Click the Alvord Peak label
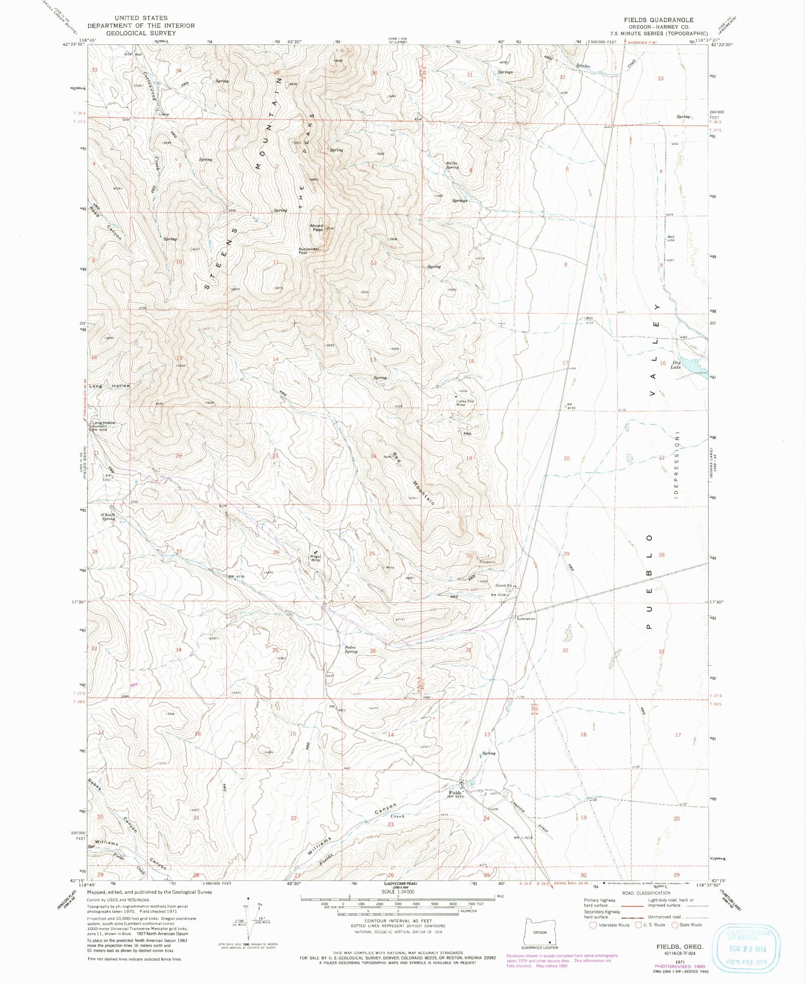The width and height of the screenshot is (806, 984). tap(316, 228)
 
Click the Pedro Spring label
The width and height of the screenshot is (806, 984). tap(351, 649)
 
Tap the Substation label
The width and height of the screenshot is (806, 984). tap(526, 619)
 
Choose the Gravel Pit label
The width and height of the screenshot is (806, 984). tap(503, 585)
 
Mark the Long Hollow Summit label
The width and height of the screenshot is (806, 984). tap(104, 425)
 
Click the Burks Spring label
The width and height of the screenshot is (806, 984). tap(452, 165)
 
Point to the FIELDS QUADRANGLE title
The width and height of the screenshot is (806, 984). tap(658, 20)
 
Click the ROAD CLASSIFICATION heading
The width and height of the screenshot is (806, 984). tap(646, 893)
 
